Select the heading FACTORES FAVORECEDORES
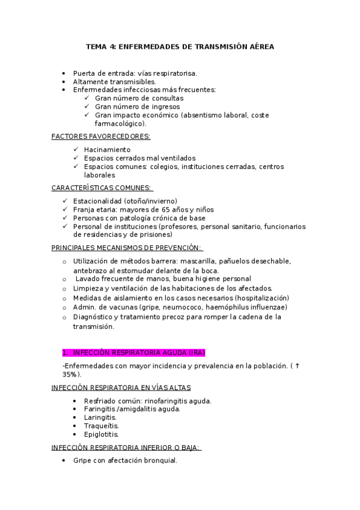click(100, 137)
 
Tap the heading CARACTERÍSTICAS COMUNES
click(102, 188)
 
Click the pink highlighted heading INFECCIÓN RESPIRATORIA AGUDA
click(137, 352)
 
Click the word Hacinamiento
click(107, 149)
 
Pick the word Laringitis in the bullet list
click(100, 417)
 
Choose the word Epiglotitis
click(102, 434)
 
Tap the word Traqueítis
click(101, 425)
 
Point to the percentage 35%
click(70, 374)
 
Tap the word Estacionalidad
click(97, 201)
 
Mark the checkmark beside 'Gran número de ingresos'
click(88, 106)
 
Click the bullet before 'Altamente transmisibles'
click(64, 81)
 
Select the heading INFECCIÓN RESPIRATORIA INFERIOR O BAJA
click(126, 447)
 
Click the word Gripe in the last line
click(83, 461)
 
